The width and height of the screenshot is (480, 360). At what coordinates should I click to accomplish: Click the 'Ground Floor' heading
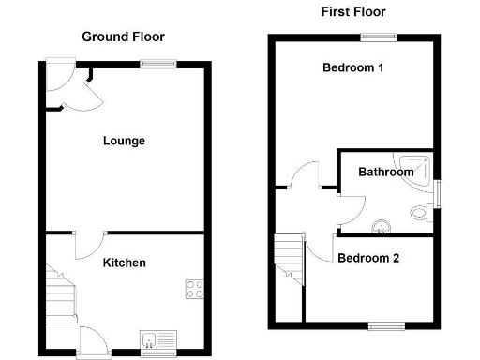pyautogui.click(x=123, y=37)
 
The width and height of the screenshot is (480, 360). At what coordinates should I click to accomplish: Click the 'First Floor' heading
pyautogui.click(x=352, y=12)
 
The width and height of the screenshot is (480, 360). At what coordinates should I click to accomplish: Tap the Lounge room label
pyautogui.click(x=124, y=141)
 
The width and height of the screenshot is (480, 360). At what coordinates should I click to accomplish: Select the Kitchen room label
pyautogui.click(x=124, y=262)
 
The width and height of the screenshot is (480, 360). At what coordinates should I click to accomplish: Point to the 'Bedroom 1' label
pyautogui.click(x=352, y=67)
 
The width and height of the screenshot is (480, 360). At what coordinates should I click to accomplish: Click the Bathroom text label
pyautogui.click(x=385, y=172)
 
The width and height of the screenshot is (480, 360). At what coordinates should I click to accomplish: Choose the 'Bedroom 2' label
pyautogui.click(x=368, y=257)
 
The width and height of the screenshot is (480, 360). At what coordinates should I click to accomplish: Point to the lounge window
pyautogui.click(x=158, y=64)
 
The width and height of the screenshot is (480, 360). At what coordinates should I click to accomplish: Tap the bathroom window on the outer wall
pyautogui.click(x=437, y=192)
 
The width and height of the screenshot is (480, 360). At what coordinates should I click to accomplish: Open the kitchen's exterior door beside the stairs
pyautogui.click(x=94, y=339)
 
